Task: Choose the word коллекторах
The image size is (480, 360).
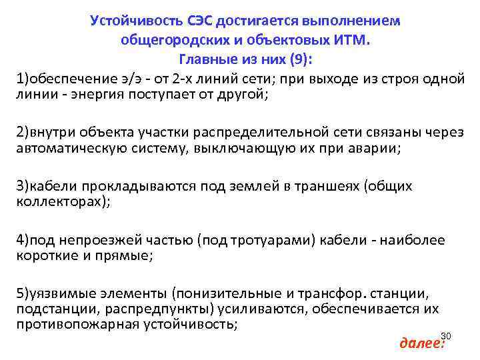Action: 58,201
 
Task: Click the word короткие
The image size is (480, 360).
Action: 47,255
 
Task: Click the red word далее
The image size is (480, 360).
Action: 420,343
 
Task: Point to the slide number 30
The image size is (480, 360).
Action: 446,335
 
